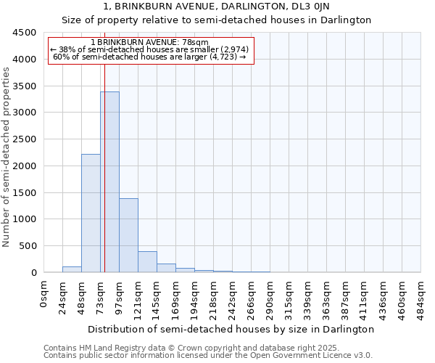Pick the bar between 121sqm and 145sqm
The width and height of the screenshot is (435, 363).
147,262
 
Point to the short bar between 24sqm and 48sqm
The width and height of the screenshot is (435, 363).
72,269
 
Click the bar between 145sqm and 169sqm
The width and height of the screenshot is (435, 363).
166,268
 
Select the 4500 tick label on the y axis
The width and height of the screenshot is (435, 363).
25,33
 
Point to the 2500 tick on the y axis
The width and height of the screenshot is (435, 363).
25,139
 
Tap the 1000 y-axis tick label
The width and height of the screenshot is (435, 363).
25,219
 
